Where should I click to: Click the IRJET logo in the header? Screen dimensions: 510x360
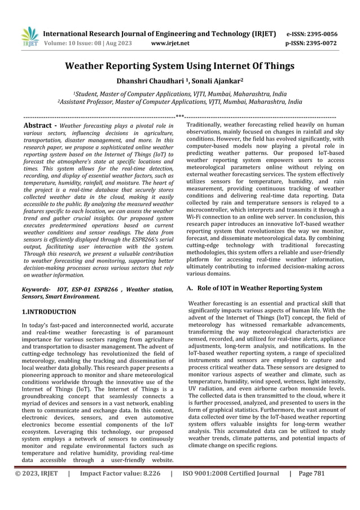coord(29,37)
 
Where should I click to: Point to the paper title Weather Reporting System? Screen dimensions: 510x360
coord(180,67)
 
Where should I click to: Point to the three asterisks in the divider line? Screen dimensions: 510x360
coord(180,115)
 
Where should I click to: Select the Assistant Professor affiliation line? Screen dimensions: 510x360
coord(179,103)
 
